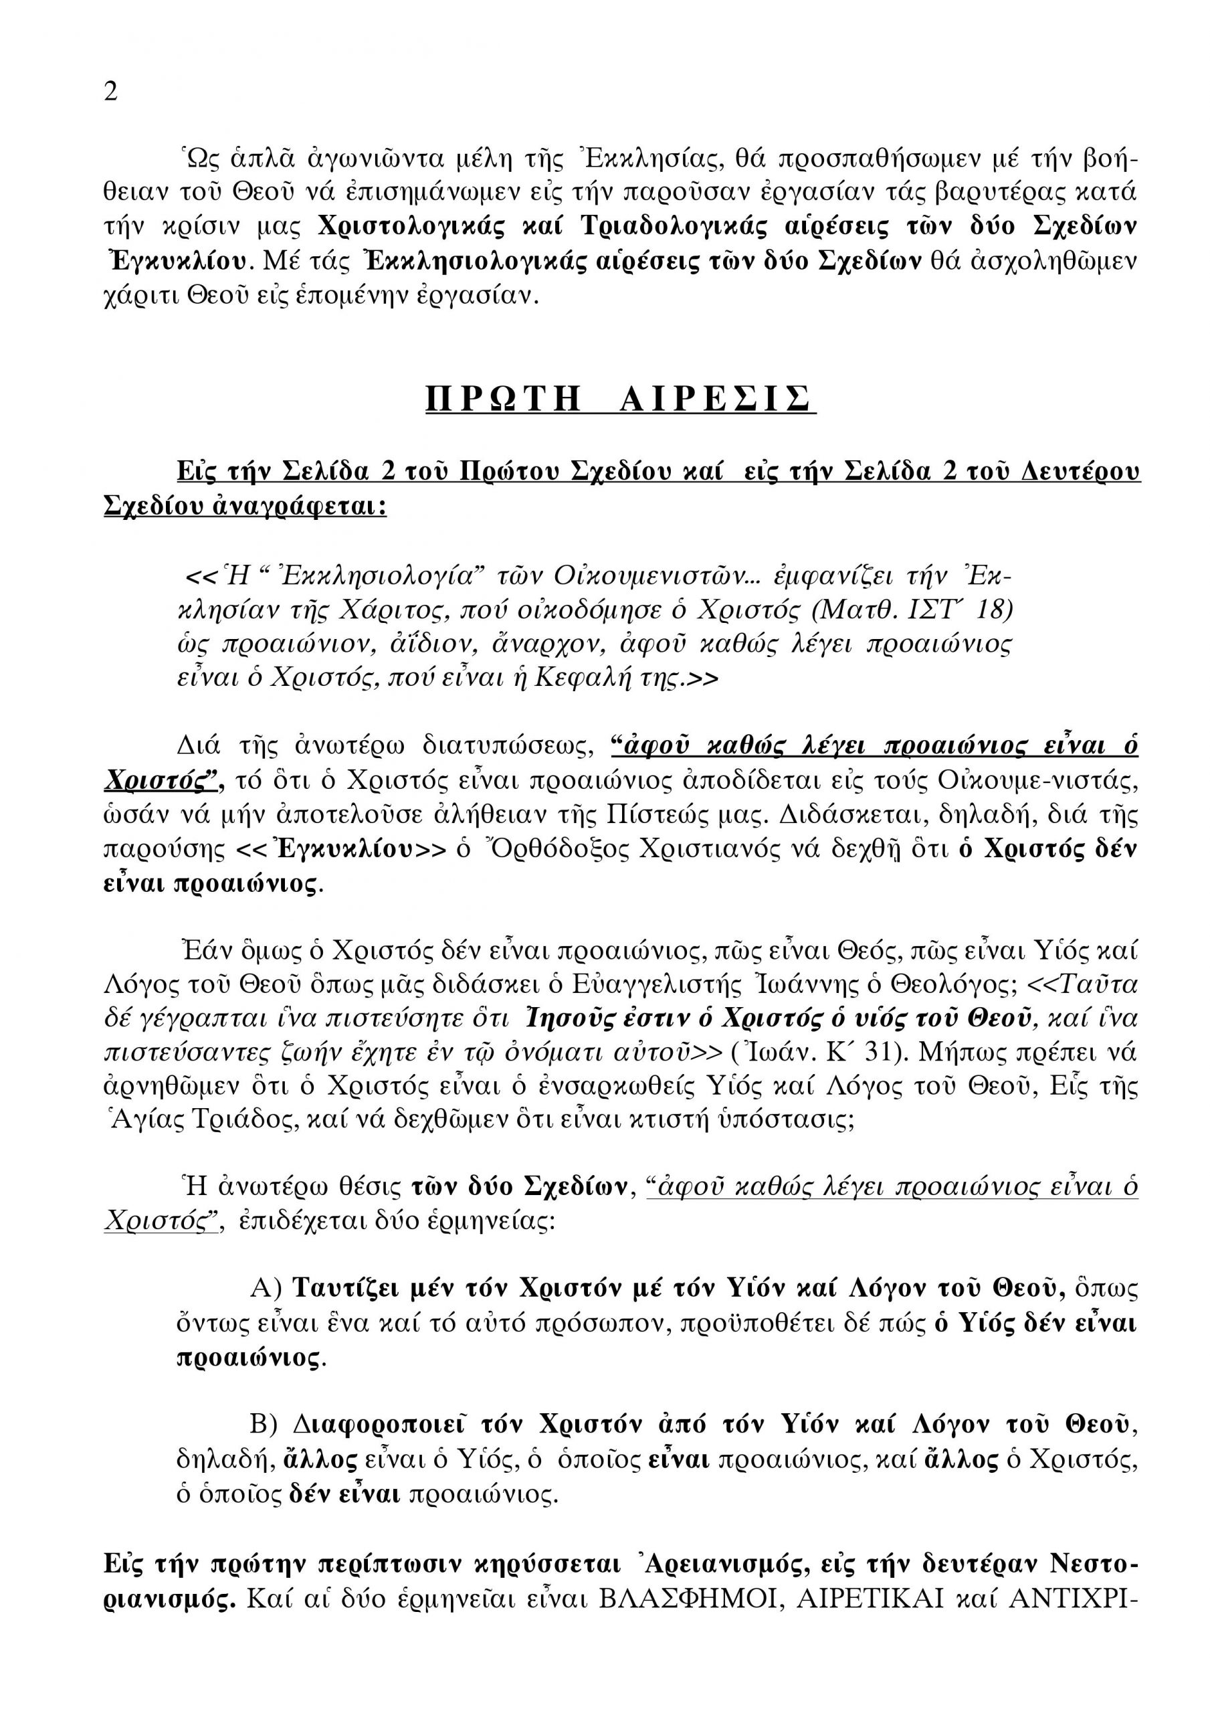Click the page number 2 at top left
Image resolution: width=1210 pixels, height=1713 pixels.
[x=110, y=92]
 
